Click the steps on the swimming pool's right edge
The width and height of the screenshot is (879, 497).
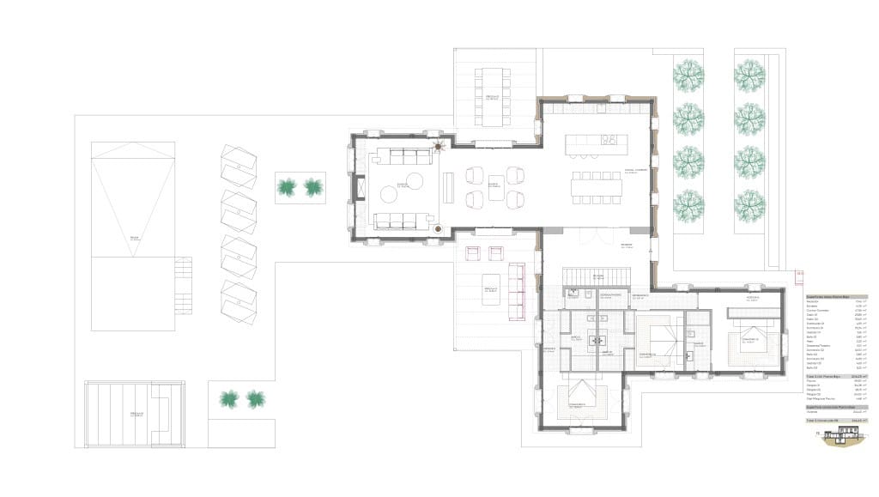[x=183, y=286]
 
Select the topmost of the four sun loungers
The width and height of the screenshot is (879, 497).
[x=238, y=165]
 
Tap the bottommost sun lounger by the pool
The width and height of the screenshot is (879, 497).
[x=238, y=301]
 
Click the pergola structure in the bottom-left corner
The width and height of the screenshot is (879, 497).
[x=136, y=415]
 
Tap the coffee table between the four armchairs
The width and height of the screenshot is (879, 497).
[x=495, y=187]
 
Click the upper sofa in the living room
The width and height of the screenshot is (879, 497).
[x=404, y=156]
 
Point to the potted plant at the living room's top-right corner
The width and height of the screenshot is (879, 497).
[x=439, y=146]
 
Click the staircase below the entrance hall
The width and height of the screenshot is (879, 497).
[x=597, y=275]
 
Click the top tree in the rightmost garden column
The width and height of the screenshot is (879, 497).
[x=749, y=76]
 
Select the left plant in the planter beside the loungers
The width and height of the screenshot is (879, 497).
[x=287, y=186]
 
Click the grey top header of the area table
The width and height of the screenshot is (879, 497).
[x=836, y=296]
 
